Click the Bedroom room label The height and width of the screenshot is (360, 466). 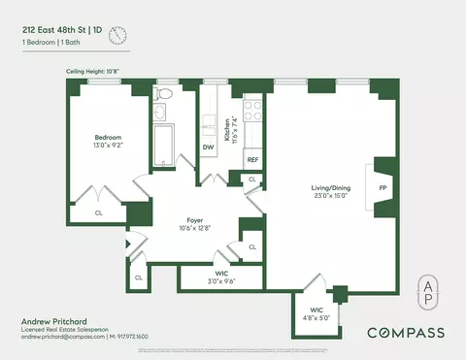(x=107, y=137)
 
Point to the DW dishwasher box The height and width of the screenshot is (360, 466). (x=209, y=147)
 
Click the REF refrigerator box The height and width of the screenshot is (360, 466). (x=252, y=159)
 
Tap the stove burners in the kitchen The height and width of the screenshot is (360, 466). (x=252, y=111)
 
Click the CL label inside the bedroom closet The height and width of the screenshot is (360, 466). (x=99, y=212)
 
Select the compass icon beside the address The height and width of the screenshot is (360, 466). (x=118, y=37)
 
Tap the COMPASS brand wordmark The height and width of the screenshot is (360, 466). (x=405, y=333)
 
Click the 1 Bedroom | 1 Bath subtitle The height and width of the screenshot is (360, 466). (x=54, y=44)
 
